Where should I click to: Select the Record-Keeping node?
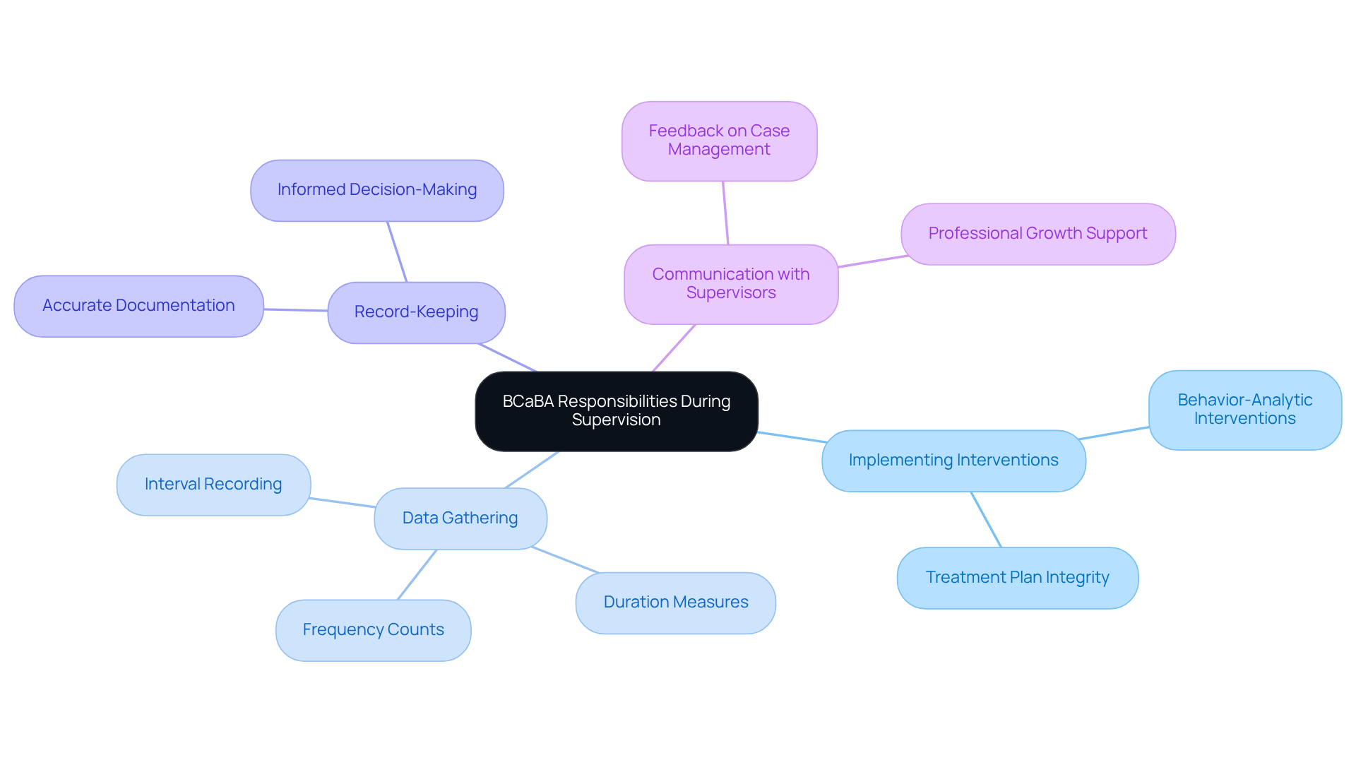tap(416, 312)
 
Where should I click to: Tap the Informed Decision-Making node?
tap(376, 190)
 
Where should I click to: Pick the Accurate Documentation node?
tap(138, 306)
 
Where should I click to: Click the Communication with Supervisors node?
tap(730, 284)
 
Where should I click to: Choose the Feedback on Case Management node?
tap(719, 141)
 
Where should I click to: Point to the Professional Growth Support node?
tap(1037, 234)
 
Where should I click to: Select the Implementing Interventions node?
tap(953, 461)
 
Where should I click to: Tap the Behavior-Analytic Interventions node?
tap(1244, 410)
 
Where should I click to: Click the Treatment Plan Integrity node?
tap(1017, 578)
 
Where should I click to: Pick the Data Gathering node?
tap(460, 518)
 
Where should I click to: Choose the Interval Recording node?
tap(213, 485)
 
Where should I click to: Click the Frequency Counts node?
tap(373, 630)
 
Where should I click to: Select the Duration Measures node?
tap(675, 603)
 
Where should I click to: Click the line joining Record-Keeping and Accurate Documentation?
tap(296, 309)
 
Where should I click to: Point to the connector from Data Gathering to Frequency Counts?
tap(417, 575)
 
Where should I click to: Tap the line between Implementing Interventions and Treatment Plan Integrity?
tap(986, 519)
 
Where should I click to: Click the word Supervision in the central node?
tap(616, 420)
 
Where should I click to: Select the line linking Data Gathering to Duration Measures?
tap(565, 559)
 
